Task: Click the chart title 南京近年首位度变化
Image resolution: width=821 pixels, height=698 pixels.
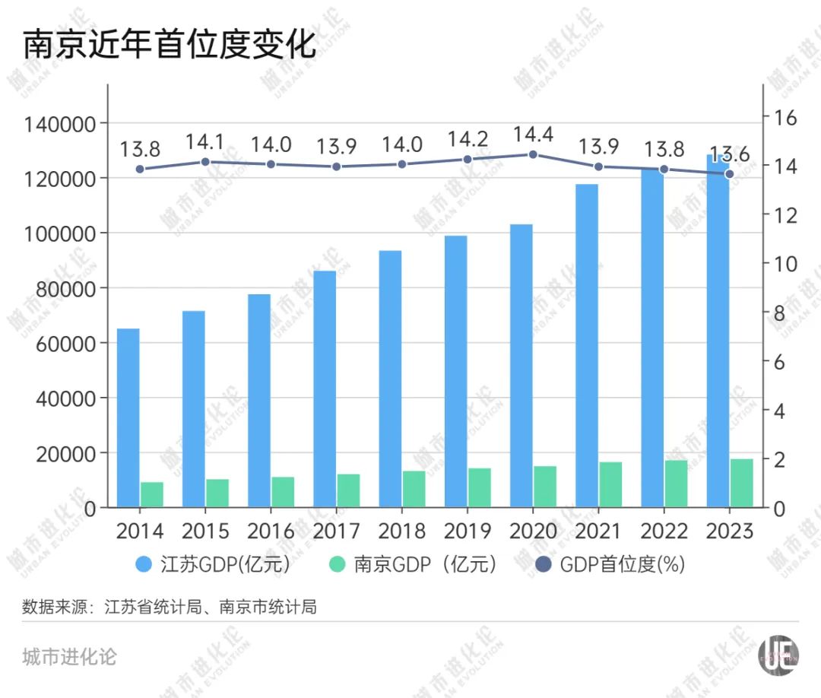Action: [169, 45]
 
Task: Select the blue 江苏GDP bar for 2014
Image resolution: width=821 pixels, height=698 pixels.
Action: [128, 417]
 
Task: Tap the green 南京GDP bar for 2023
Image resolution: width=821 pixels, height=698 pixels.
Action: [741, 483]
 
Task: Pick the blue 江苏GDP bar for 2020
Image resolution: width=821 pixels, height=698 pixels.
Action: [521, 365]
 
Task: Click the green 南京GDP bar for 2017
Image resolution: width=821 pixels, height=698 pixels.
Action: [348, 490]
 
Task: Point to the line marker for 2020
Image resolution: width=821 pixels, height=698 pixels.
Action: [533, 154]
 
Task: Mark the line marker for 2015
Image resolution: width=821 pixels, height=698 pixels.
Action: [205, 162]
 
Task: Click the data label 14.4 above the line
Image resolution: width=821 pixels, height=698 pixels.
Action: [533, 135]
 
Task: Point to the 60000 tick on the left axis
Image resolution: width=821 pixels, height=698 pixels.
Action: [59, 344]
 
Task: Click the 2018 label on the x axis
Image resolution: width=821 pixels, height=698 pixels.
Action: [402, 530]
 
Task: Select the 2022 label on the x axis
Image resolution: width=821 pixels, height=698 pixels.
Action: [664, 530]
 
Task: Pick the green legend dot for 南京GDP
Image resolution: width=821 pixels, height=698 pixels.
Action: [338, 565]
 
